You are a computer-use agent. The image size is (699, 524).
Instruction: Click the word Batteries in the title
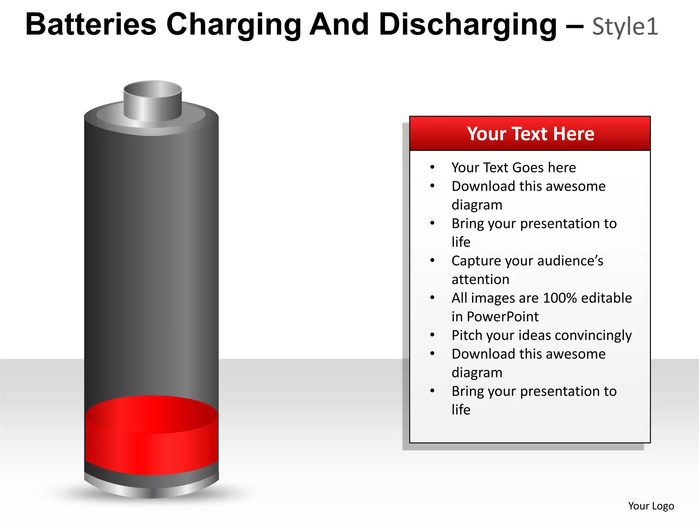(91, 25)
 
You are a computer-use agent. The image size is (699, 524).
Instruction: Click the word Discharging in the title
(468, 25)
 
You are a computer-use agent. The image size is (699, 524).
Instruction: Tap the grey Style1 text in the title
(625, 27)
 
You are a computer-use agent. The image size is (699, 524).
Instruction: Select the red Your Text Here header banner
(530, 133)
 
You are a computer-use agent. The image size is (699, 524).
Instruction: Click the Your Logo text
(651, 506)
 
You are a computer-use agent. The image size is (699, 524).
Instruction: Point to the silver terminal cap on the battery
(153, 101)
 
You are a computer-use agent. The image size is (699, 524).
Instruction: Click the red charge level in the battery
(152, 440)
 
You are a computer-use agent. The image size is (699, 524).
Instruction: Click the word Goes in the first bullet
(528, 168)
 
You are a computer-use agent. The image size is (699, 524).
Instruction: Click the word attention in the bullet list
(480, 279)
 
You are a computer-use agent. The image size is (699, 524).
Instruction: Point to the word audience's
(554, 261)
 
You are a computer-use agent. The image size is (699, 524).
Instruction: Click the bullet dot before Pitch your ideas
(432, 335)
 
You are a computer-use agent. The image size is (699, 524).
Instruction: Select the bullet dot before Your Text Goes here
(432, 167)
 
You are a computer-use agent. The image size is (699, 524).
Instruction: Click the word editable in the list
(607, 298)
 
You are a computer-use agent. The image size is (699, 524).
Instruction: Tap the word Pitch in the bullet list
(467, 336)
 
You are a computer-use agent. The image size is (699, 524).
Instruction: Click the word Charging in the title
(234, 25)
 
